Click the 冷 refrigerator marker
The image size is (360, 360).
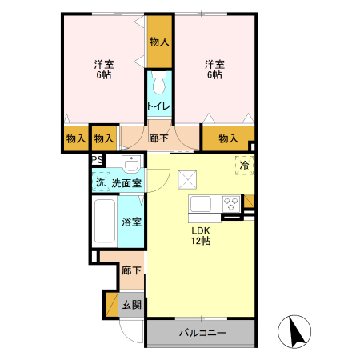(243, 166)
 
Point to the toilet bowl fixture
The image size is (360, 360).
(158, 84)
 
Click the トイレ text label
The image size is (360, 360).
(158, 105)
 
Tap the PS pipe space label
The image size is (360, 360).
(97, 160)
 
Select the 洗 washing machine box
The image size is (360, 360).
(100, 182)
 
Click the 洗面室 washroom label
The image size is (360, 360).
(126, 183)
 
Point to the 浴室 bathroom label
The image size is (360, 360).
(132, 222)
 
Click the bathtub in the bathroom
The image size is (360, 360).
(105, 222)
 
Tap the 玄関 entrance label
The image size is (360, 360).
(132, 304)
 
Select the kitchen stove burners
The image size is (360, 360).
(231, 203)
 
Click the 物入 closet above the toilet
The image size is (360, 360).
(158, 42)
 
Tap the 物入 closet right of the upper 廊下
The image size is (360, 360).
(228, 138)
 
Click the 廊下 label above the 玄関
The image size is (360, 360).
(131, 270)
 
